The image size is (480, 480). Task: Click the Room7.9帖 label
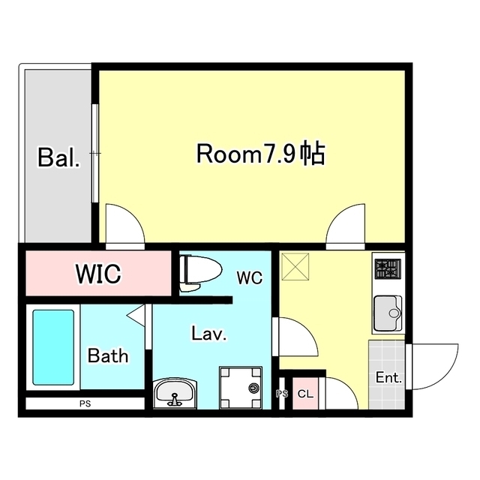click(x=260, y=155)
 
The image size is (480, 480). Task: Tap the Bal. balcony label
click(x=58, y=159)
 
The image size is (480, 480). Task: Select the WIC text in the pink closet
click(x=97, y=274)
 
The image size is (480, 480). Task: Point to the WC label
click(x=249, y=278)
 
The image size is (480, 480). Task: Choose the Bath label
click(x=108, y=355)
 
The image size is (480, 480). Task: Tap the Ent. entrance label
click(x=388, y=378)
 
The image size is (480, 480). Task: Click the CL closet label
click(x=305, y=394)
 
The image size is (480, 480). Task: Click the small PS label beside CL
click(x=282, y=394)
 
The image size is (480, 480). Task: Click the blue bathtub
click(x=53, y=348)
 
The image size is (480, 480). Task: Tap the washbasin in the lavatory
click(x=175, y=392)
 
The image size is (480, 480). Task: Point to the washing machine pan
click(x=240, y=388)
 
